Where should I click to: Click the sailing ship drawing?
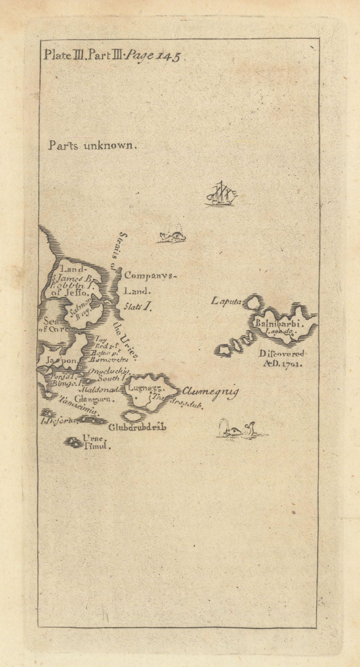(x=222, y=194)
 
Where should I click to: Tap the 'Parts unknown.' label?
(x=92, y=145)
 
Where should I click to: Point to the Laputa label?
(x=226, y=301)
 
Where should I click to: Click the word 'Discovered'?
(x=281, y=354)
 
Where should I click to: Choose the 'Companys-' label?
(x=150, y=276)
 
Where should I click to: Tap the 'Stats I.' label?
(x=137, y=306)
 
